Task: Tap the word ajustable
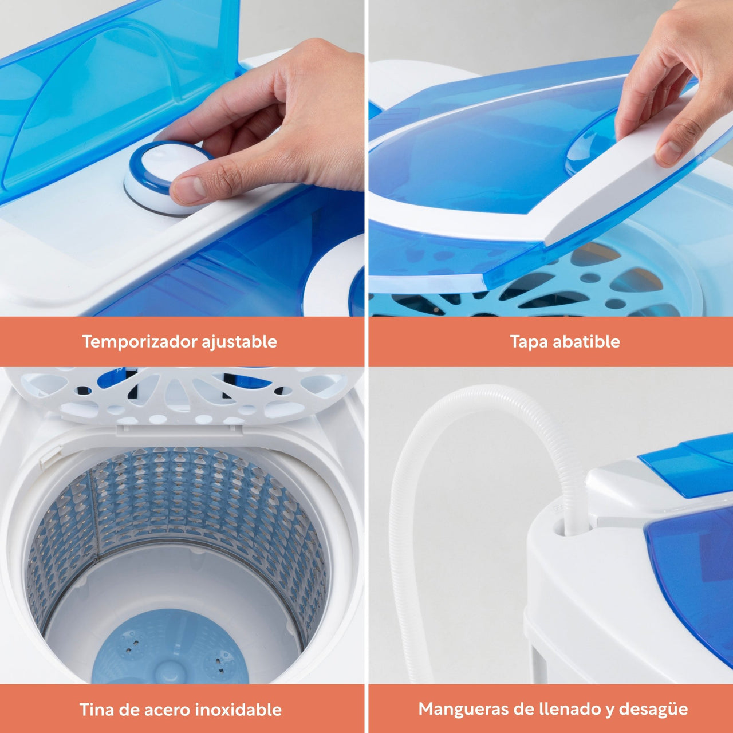coord(239,342)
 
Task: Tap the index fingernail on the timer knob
coord(188,189)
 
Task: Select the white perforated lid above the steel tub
coord(183,396)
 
